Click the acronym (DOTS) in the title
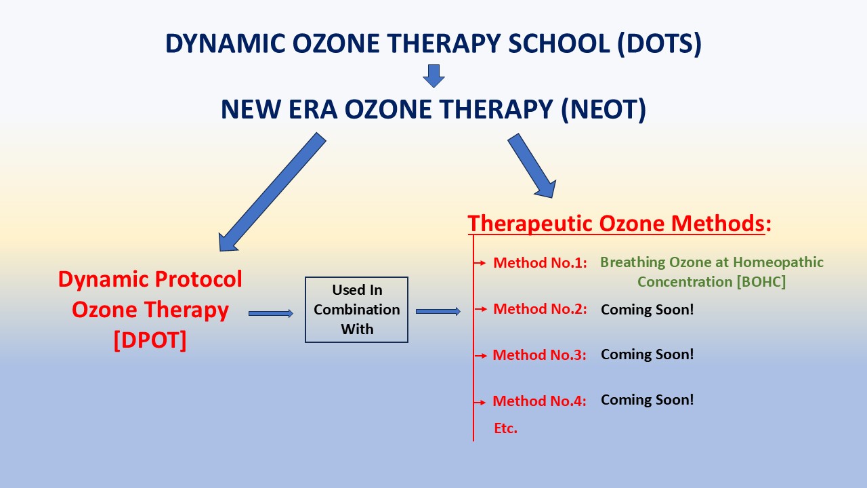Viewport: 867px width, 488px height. (660, 43)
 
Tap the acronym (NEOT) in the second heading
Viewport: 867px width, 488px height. (604, 110)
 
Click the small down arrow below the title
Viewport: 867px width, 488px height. (433, 76)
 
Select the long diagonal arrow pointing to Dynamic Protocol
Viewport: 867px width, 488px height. (272, 192)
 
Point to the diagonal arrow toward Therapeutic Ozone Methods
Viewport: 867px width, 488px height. (532, 166)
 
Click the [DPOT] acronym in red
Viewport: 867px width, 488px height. (150, 340)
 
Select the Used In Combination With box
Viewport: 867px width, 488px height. (356, 310)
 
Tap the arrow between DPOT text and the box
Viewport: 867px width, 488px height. (271, 313)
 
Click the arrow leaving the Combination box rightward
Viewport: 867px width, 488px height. (438, 311)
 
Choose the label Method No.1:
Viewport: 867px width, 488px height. (540, 263)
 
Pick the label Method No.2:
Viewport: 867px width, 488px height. (540, 309)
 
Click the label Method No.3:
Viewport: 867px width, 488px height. (539, 355)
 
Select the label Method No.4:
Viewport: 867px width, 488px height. (539, 401)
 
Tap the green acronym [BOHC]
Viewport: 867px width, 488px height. (761, 282)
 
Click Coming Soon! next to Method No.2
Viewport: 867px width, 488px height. (647, 310)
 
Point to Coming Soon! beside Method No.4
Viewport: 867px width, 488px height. (647, 400)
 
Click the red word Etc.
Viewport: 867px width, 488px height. (505, 428)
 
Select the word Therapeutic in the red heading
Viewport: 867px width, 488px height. (530, 224)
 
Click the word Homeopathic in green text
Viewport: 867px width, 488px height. (778, 262)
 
